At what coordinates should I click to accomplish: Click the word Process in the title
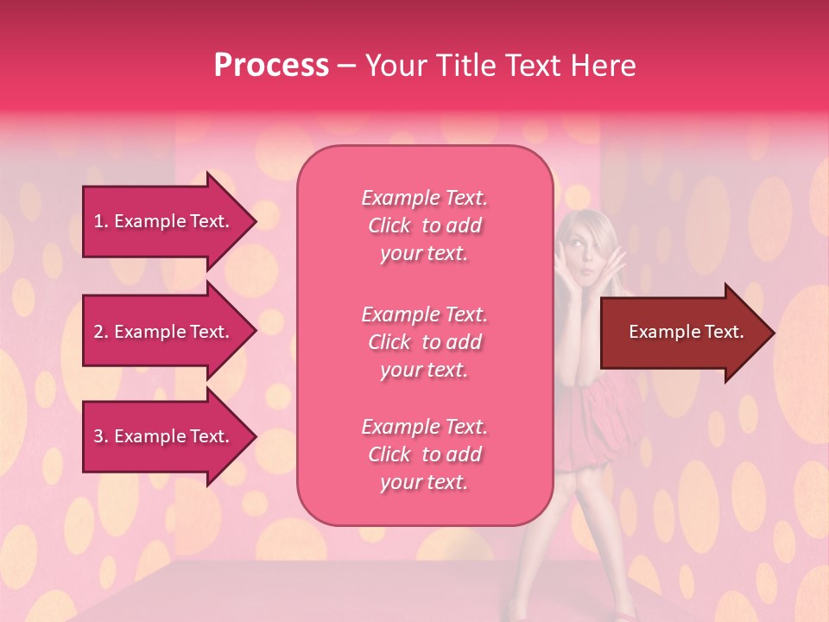click(x=271, y=66)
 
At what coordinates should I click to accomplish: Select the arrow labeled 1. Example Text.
click(x=164, y=221)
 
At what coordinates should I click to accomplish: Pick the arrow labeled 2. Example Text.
click(x=164, y=332)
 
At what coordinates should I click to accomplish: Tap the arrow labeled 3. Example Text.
click(x=164, y=436)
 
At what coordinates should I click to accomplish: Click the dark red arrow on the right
click(x=682, y=333)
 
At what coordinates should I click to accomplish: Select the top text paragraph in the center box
click(x=424, y=225)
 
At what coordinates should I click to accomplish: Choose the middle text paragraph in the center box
click(x=424, y=342)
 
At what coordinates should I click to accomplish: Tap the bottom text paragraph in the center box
click(x=424, y=454)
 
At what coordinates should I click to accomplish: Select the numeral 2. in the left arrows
click(x=101, y=332)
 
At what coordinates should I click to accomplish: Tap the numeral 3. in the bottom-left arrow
click(x=101, y=436)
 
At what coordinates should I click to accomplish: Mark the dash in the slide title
click(x=346, y=66)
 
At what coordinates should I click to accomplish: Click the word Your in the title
click(x=394, y=66)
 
